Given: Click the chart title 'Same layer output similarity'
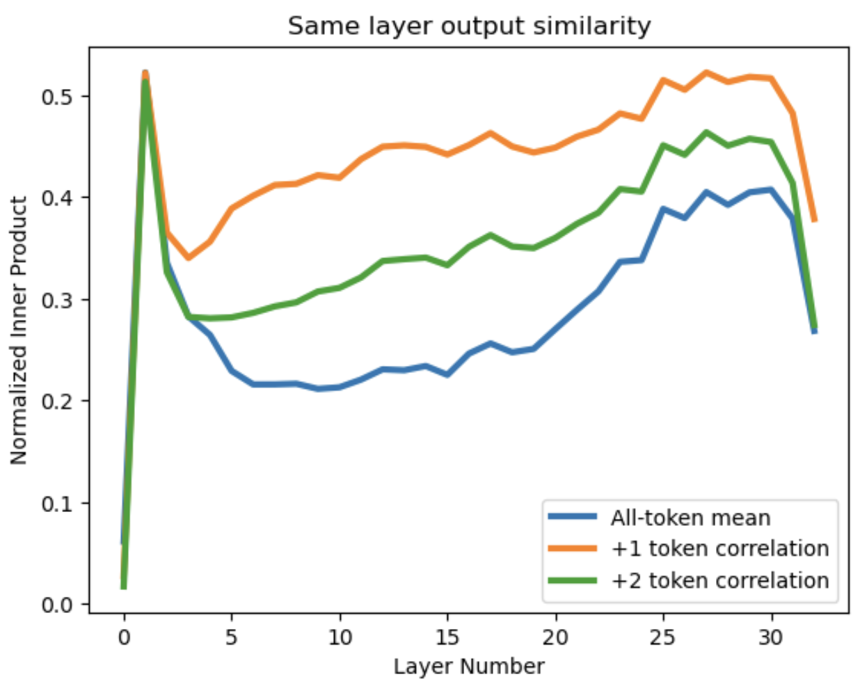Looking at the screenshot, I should (x=469, y=26).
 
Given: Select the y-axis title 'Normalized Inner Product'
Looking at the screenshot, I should (x=19, y=330).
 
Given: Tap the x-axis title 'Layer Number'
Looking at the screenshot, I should (x=469, y=667).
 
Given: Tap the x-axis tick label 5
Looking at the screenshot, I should (x=232, y=637).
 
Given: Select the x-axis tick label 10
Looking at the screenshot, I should (x=340, y=637).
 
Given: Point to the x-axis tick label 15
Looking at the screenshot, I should (x=447, y=637).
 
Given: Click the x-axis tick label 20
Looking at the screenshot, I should (x=555, y=637).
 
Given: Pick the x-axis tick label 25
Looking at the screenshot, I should (x=663, y=637).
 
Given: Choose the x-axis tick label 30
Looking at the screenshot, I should (x=771, y=637).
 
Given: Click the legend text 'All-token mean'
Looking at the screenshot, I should (x=690, y=518).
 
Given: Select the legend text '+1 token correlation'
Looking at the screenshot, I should (x=719, y=549).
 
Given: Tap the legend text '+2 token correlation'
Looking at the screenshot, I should (x=719, y=580).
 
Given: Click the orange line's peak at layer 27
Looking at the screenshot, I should (x=706, y=72).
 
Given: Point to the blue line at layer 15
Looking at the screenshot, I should (x=447, y=375).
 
